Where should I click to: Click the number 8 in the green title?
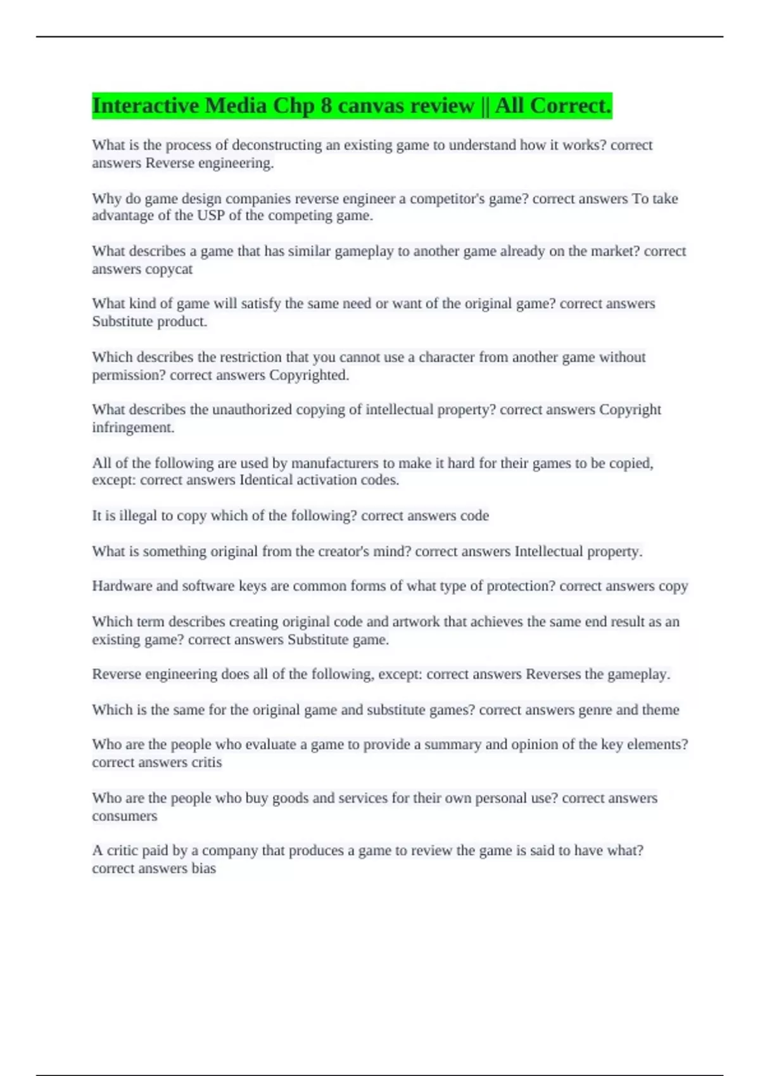(326, 106)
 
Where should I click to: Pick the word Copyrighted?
(309, 375)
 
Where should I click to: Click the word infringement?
(133, 428)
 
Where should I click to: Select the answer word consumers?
(124, 816)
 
